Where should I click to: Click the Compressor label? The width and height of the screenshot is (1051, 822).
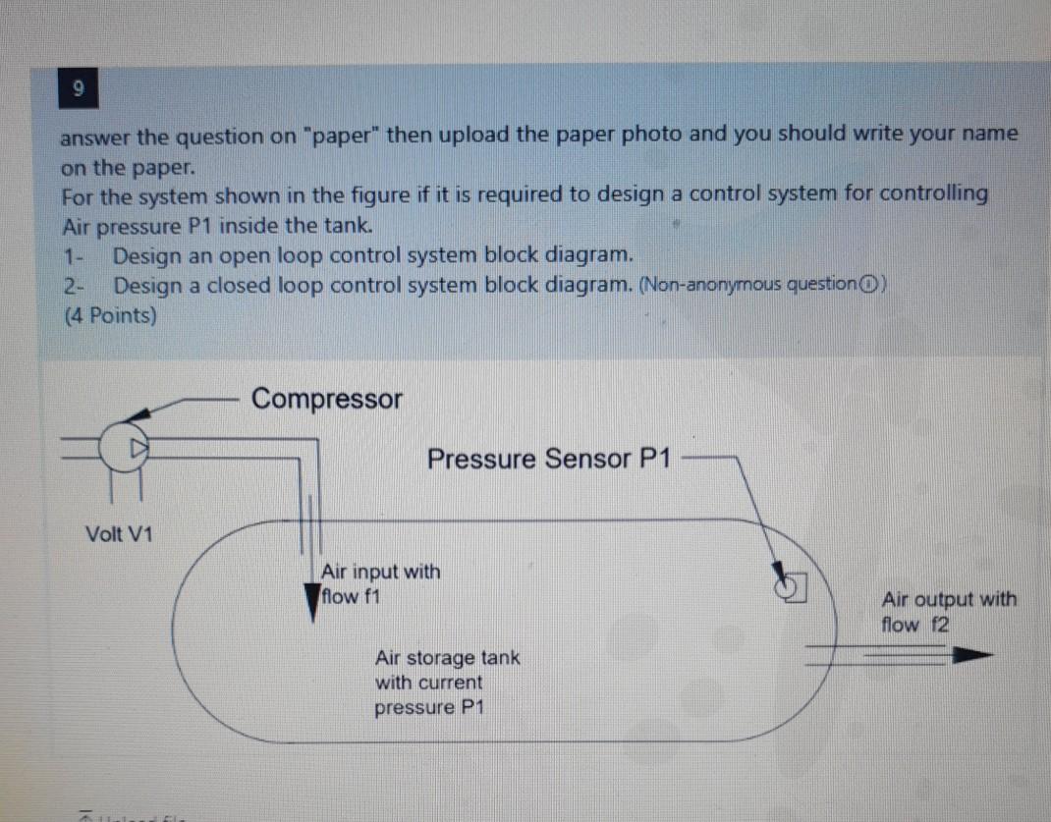point(326,399)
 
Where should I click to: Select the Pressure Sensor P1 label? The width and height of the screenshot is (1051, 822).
point(549,459)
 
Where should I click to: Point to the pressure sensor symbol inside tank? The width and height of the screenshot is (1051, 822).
point(791,583)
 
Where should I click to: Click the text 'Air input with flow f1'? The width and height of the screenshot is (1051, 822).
point(379,583)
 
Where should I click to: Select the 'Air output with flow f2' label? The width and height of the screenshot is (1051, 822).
point(948,611)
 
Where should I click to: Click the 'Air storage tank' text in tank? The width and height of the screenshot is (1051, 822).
point(447,657)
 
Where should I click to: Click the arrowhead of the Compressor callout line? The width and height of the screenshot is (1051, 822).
point(138,415)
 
